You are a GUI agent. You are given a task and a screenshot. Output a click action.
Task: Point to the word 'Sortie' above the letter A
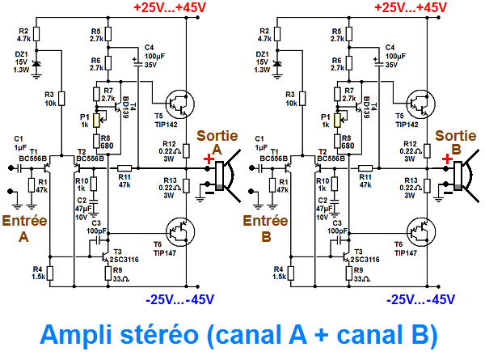coord(216,135)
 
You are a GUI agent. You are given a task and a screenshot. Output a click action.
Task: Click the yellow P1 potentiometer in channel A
coord(97,121)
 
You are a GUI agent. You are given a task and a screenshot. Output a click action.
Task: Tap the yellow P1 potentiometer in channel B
coord(335,121)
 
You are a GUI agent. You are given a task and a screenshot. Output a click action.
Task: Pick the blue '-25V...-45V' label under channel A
coord(179,299)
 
